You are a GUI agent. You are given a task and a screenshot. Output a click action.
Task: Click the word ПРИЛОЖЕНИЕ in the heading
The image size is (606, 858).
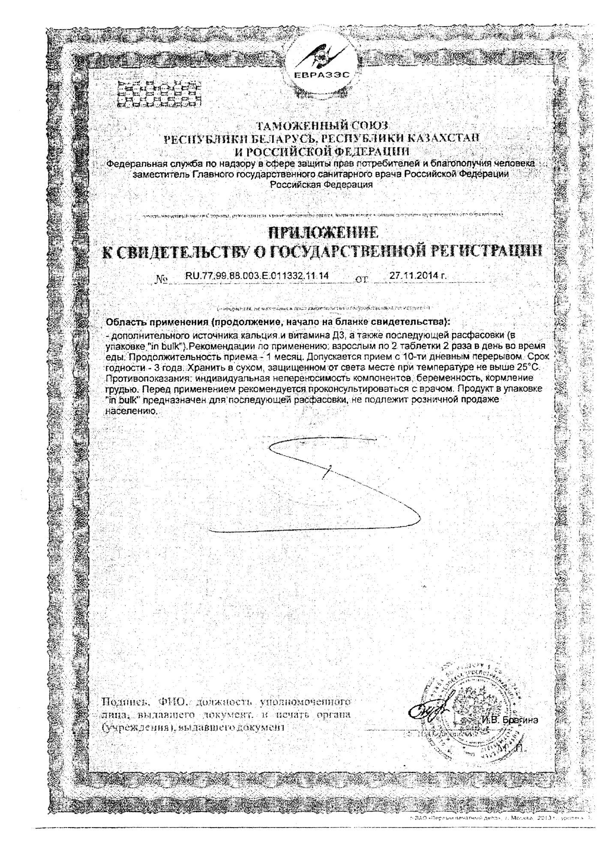click(x=323, y=233)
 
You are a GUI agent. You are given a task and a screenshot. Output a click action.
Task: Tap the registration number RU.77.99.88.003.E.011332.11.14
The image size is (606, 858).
click(x=257, y=276)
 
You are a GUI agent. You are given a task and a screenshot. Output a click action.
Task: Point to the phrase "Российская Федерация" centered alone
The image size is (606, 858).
click(x=321, y=184)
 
